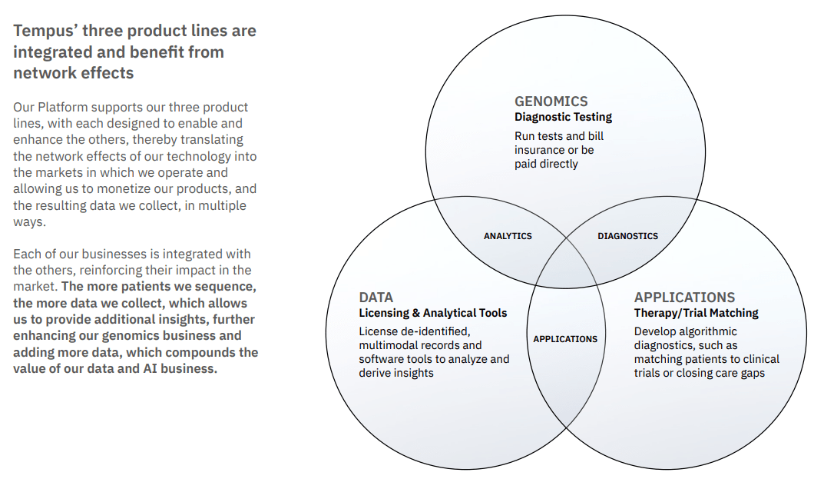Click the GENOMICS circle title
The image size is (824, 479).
pos(551,101)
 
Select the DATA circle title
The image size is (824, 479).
pos(376,297)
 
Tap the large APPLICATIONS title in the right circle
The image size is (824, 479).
pos(684,297)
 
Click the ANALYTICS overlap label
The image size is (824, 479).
pos(508,236)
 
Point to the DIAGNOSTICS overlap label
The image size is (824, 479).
pos(627,236)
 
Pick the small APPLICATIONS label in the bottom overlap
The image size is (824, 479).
pos(565,339)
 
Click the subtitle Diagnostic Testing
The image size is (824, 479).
pos(563,117)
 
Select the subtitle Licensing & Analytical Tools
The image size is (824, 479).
pos(433,313)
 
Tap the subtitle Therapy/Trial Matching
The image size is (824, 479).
pos(696,313)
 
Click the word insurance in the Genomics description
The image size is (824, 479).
pos(541,150)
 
